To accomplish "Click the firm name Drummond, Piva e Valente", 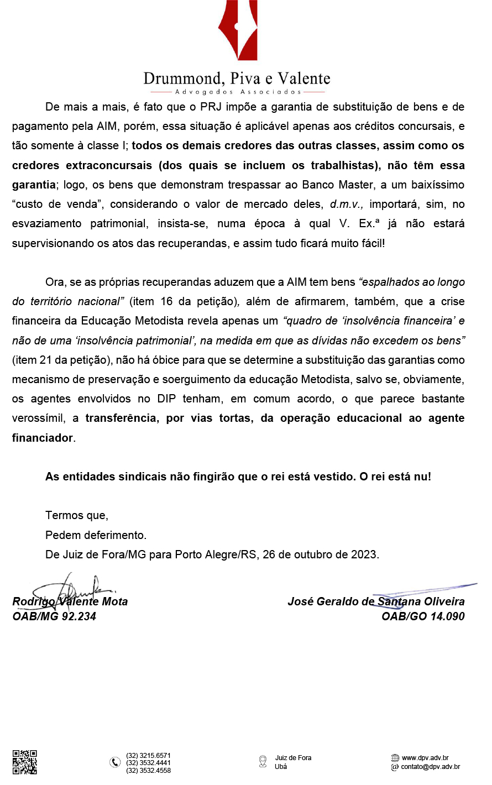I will pyautogui.click(x=237, y=78).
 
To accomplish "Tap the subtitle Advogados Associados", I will pyautogui.click(x=238, y=92).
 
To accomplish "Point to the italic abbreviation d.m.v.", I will pyautogui.click(x=347, y=204).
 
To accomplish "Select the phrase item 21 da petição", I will pyautogui.click(x=61, y=360).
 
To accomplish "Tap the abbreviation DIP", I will pyautogui.click(x=166, y=399).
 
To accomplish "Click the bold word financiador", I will pyautogui.click(x=43, y=438).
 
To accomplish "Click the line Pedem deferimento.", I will pyautogui.click(x=96, y=535).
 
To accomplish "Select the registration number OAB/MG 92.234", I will pyautogui.click(x=54, y=616).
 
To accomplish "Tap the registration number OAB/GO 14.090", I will pyautogui.click(x=423, y=616).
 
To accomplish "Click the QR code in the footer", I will pyautogui.click(x=25, y=762).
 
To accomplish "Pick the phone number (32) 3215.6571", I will pyautogui.click(x=148, y=756).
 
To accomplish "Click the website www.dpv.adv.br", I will pyautogui.click(x=425, y=758).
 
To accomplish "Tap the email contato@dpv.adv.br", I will pyautogui.click(x=430, y=767).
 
